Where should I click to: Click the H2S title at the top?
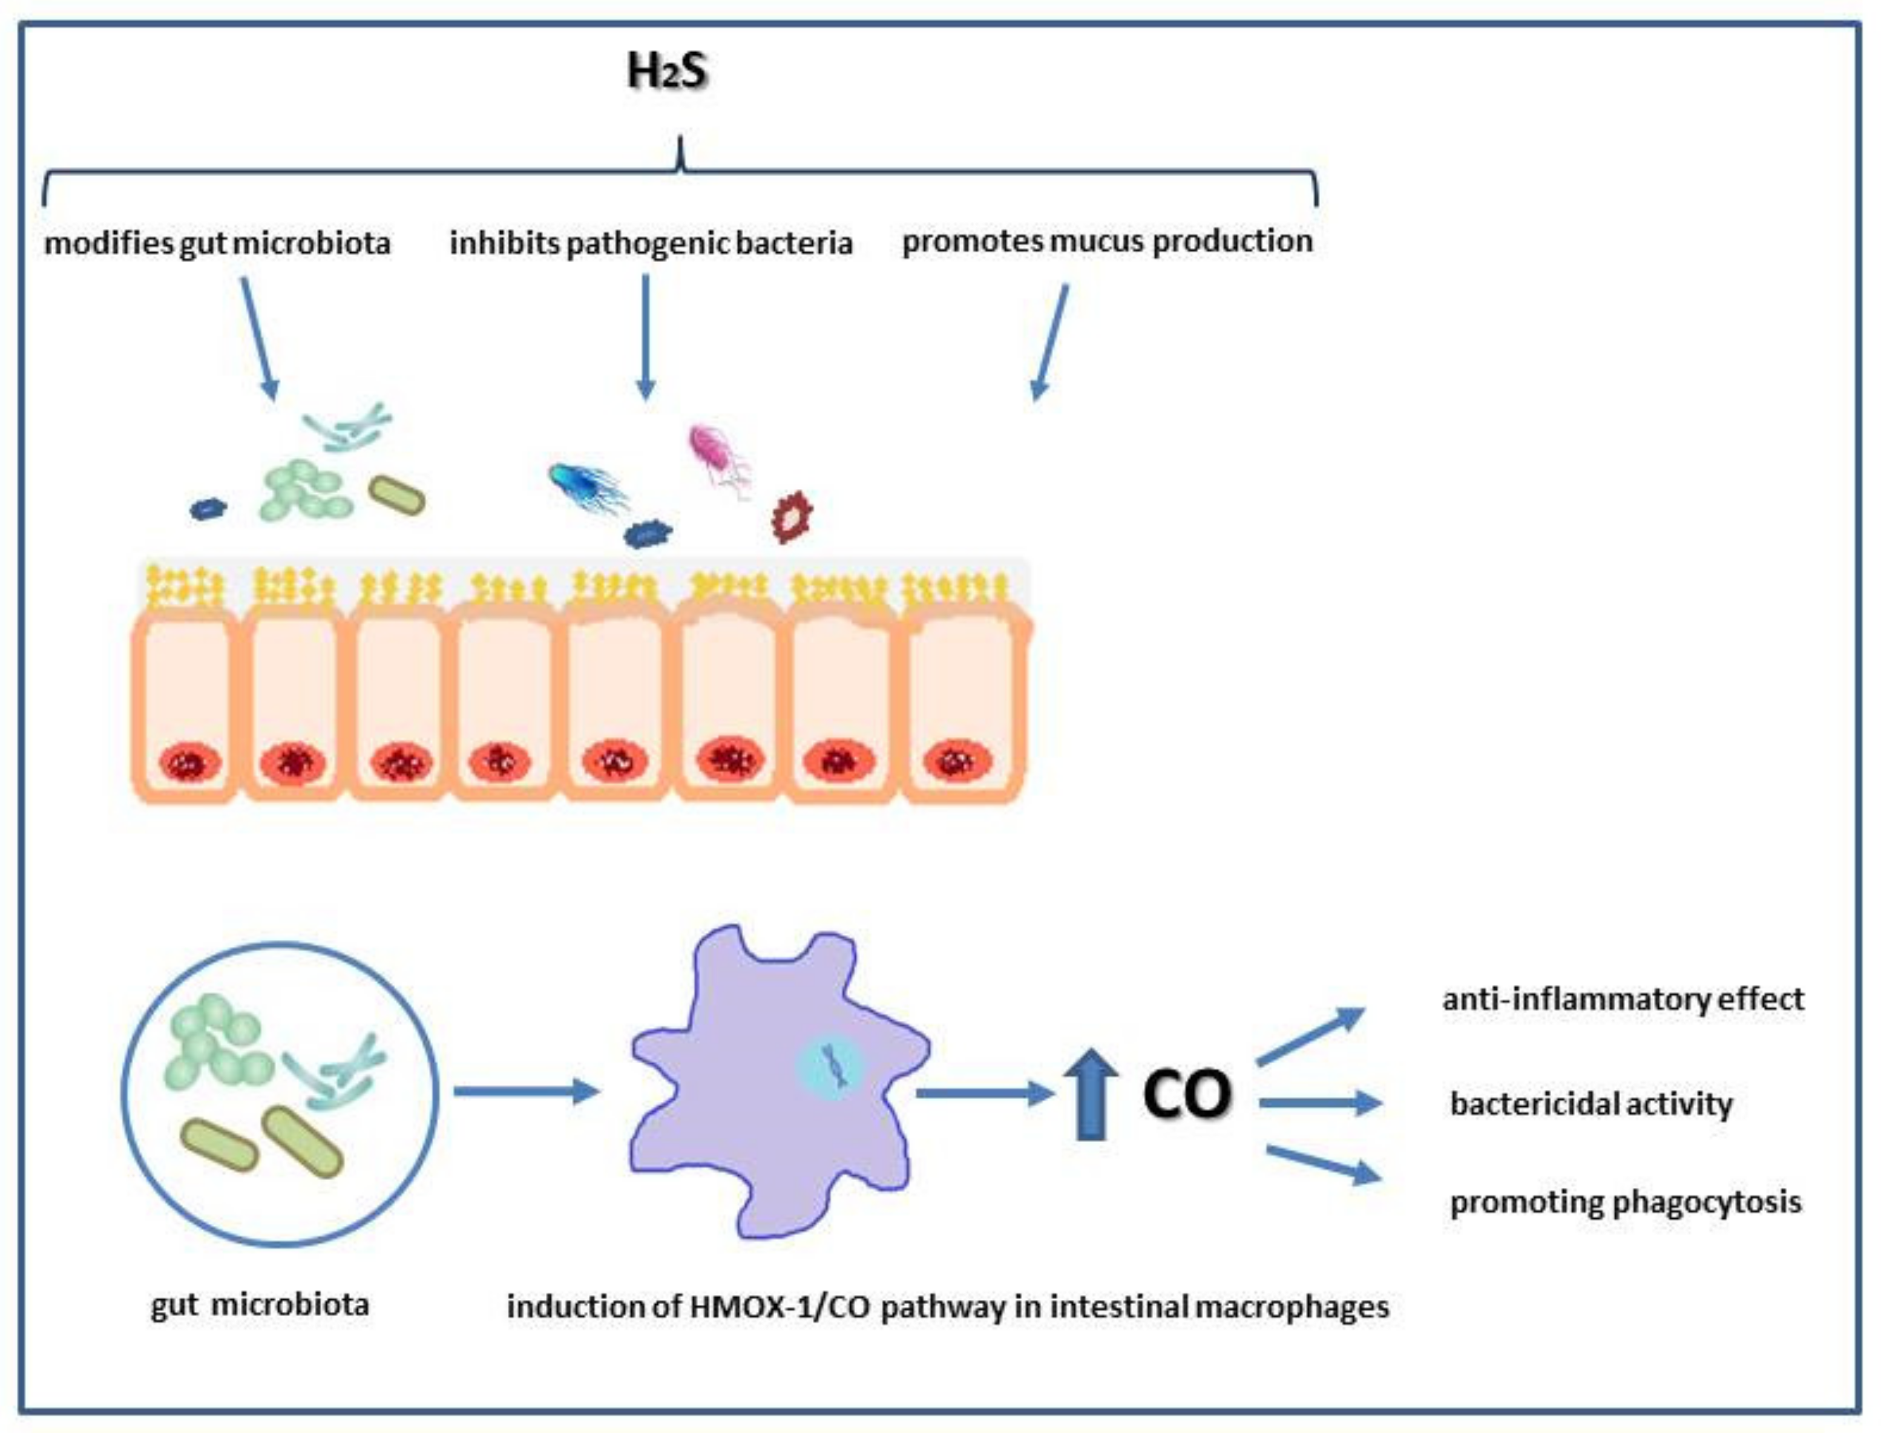(666, 71)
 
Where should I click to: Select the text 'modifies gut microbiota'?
(217, 243)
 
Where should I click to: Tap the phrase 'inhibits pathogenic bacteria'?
(651, 243)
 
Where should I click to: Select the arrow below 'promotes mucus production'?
(1049, 341)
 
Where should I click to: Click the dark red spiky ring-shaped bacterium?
(792, 516)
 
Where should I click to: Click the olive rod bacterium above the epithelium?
(396, 496)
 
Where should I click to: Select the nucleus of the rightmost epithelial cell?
(957, 761)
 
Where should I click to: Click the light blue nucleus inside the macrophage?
(831, 1066)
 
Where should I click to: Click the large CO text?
(1187, 1094)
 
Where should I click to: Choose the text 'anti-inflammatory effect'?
(1623, 999)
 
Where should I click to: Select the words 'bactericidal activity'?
(1591, 1104)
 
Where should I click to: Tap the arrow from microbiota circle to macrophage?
(525, 1091)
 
